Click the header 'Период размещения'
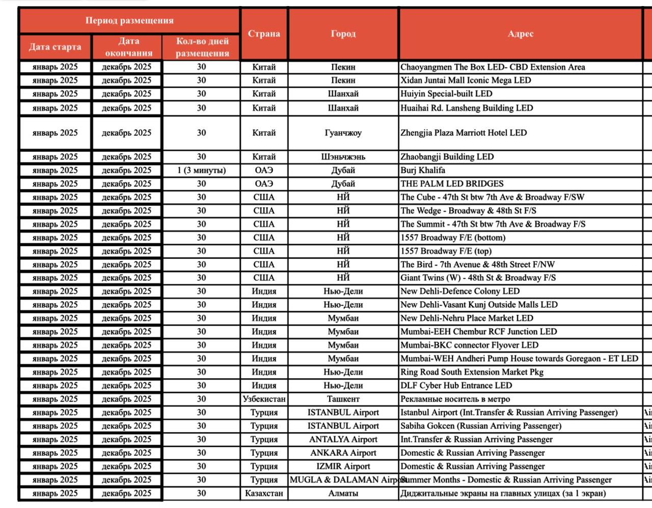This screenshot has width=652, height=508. click(129, 21)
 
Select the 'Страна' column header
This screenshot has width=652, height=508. click(264, 34)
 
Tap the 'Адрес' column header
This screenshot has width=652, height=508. click(520, 34)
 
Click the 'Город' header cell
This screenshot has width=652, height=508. click(343, 34)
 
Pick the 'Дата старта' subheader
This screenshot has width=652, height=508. click(55, 47)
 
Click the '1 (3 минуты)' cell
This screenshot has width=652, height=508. click(201, 170)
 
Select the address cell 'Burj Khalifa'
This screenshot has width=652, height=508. click(423, 170)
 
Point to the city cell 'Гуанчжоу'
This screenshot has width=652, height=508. click(343, 133)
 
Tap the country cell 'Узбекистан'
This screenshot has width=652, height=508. click(264, 399)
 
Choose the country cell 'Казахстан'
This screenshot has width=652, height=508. click(264, 493)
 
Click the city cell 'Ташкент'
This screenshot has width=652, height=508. click(343, 399)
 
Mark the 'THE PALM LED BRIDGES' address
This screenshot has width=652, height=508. click(452, 184)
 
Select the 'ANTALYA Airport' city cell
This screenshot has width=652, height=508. click(343, 439)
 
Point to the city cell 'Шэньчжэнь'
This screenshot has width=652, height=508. click(343, 157)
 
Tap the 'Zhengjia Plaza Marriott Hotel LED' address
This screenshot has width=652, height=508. click(464, 133)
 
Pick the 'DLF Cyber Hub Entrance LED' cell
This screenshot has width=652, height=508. click(456, 386)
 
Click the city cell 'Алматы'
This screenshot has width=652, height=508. click(343, 493)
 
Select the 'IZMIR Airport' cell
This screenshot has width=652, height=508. click(343, 466)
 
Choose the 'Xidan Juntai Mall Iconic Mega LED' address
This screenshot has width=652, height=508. click(466, 81)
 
